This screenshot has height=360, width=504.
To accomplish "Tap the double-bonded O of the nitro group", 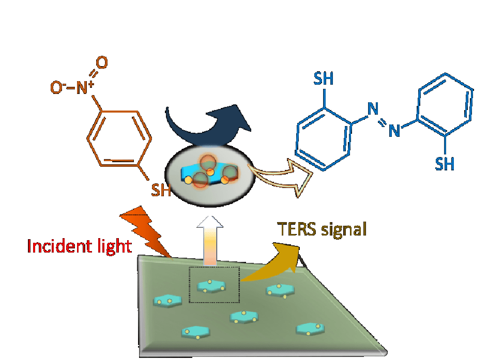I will tap(102, 63).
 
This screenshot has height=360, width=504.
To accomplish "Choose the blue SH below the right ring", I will tap(445, 164).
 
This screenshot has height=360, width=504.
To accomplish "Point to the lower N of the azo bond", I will tap(394, 131).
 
